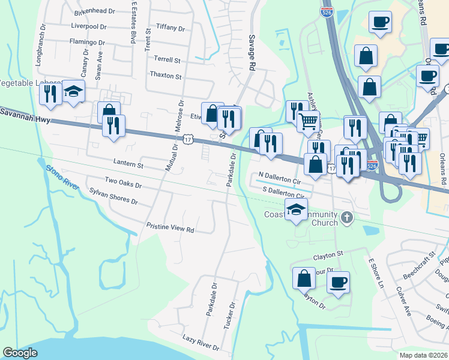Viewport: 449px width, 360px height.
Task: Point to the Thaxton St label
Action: click(x=166, y=76)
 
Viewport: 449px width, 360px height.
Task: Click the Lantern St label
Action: click(x=128, y=164)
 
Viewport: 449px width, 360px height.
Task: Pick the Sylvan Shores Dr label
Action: click(x=113, y=196)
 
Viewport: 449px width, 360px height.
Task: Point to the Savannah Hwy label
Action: click(x=24, y=114)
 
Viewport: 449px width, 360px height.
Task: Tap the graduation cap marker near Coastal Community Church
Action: click(x=296, y=211)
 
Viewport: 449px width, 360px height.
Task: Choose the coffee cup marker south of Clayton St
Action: click(x=338, y=281)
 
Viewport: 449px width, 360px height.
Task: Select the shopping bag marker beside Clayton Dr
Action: click(x=304, y=277)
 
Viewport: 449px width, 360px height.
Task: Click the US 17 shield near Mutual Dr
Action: click(x=188, y=139)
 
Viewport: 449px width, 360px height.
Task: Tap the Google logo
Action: click(x=20, y=353)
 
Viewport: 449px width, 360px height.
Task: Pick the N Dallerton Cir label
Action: click(x=279, y=179)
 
